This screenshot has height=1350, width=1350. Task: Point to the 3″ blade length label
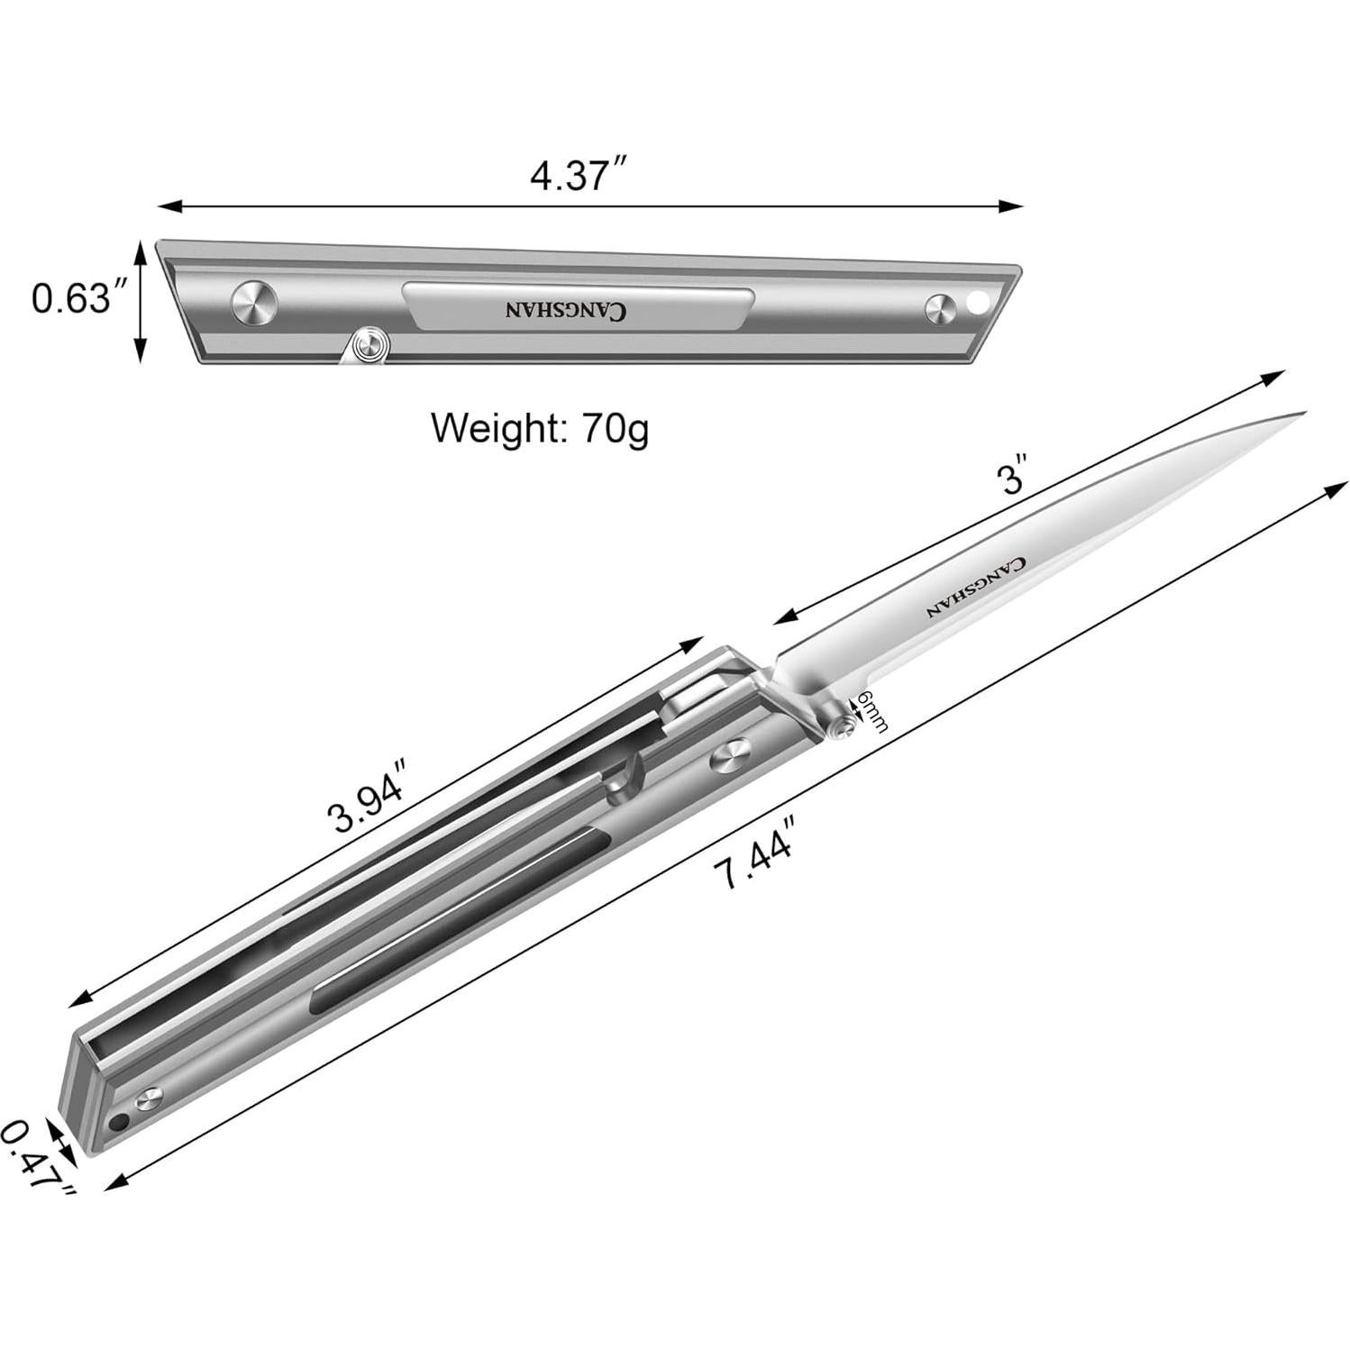(x=1014, y=479)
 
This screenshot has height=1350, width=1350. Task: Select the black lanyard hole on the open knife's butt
(x=118, y=1123)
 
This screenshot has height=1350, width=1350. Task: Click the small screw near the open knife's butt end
(x=149, y=1099)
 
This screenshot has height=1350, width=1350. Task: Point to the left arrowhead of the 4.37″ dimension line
(x=162, y=206)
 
